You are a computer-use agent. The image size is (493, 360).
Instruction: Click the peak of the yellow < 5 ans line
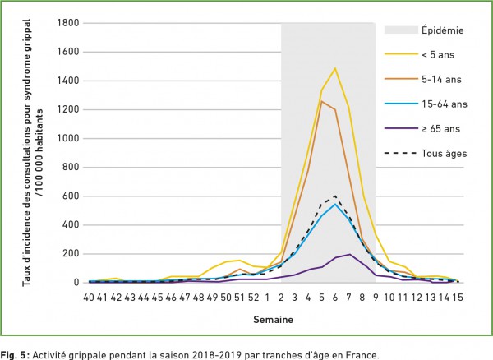335,68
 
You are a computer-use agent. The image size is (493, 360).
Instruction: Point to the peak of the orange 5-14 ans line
321,101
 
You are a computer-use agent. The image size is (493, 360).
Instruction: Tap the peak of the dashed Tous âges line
335,196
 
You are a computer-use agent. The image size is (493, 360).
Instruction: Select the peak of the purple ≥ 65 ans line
349,254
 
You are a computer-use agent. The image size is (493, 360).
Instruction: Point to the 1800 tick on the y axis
67,23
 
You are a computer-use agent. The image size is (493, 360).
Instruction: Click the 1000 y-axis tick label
67,138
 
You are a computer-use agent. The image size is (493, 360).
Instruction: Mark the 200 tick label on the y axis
71,254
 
